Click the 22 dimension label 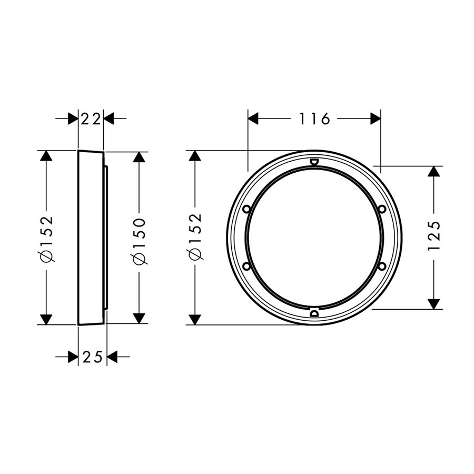coord(91,120)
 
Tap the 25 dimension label coord(93,358)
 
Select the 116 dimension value coord(314,119)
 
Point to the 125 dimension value coord(434,235)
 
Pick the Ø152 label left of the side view coord(47,239)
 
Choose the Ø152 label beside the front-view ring coord(195,236)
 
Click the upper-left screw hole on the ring coord(246,209)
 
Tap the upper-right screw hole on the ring coord(382,209)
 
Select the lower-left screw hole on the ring coord(246,266)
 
